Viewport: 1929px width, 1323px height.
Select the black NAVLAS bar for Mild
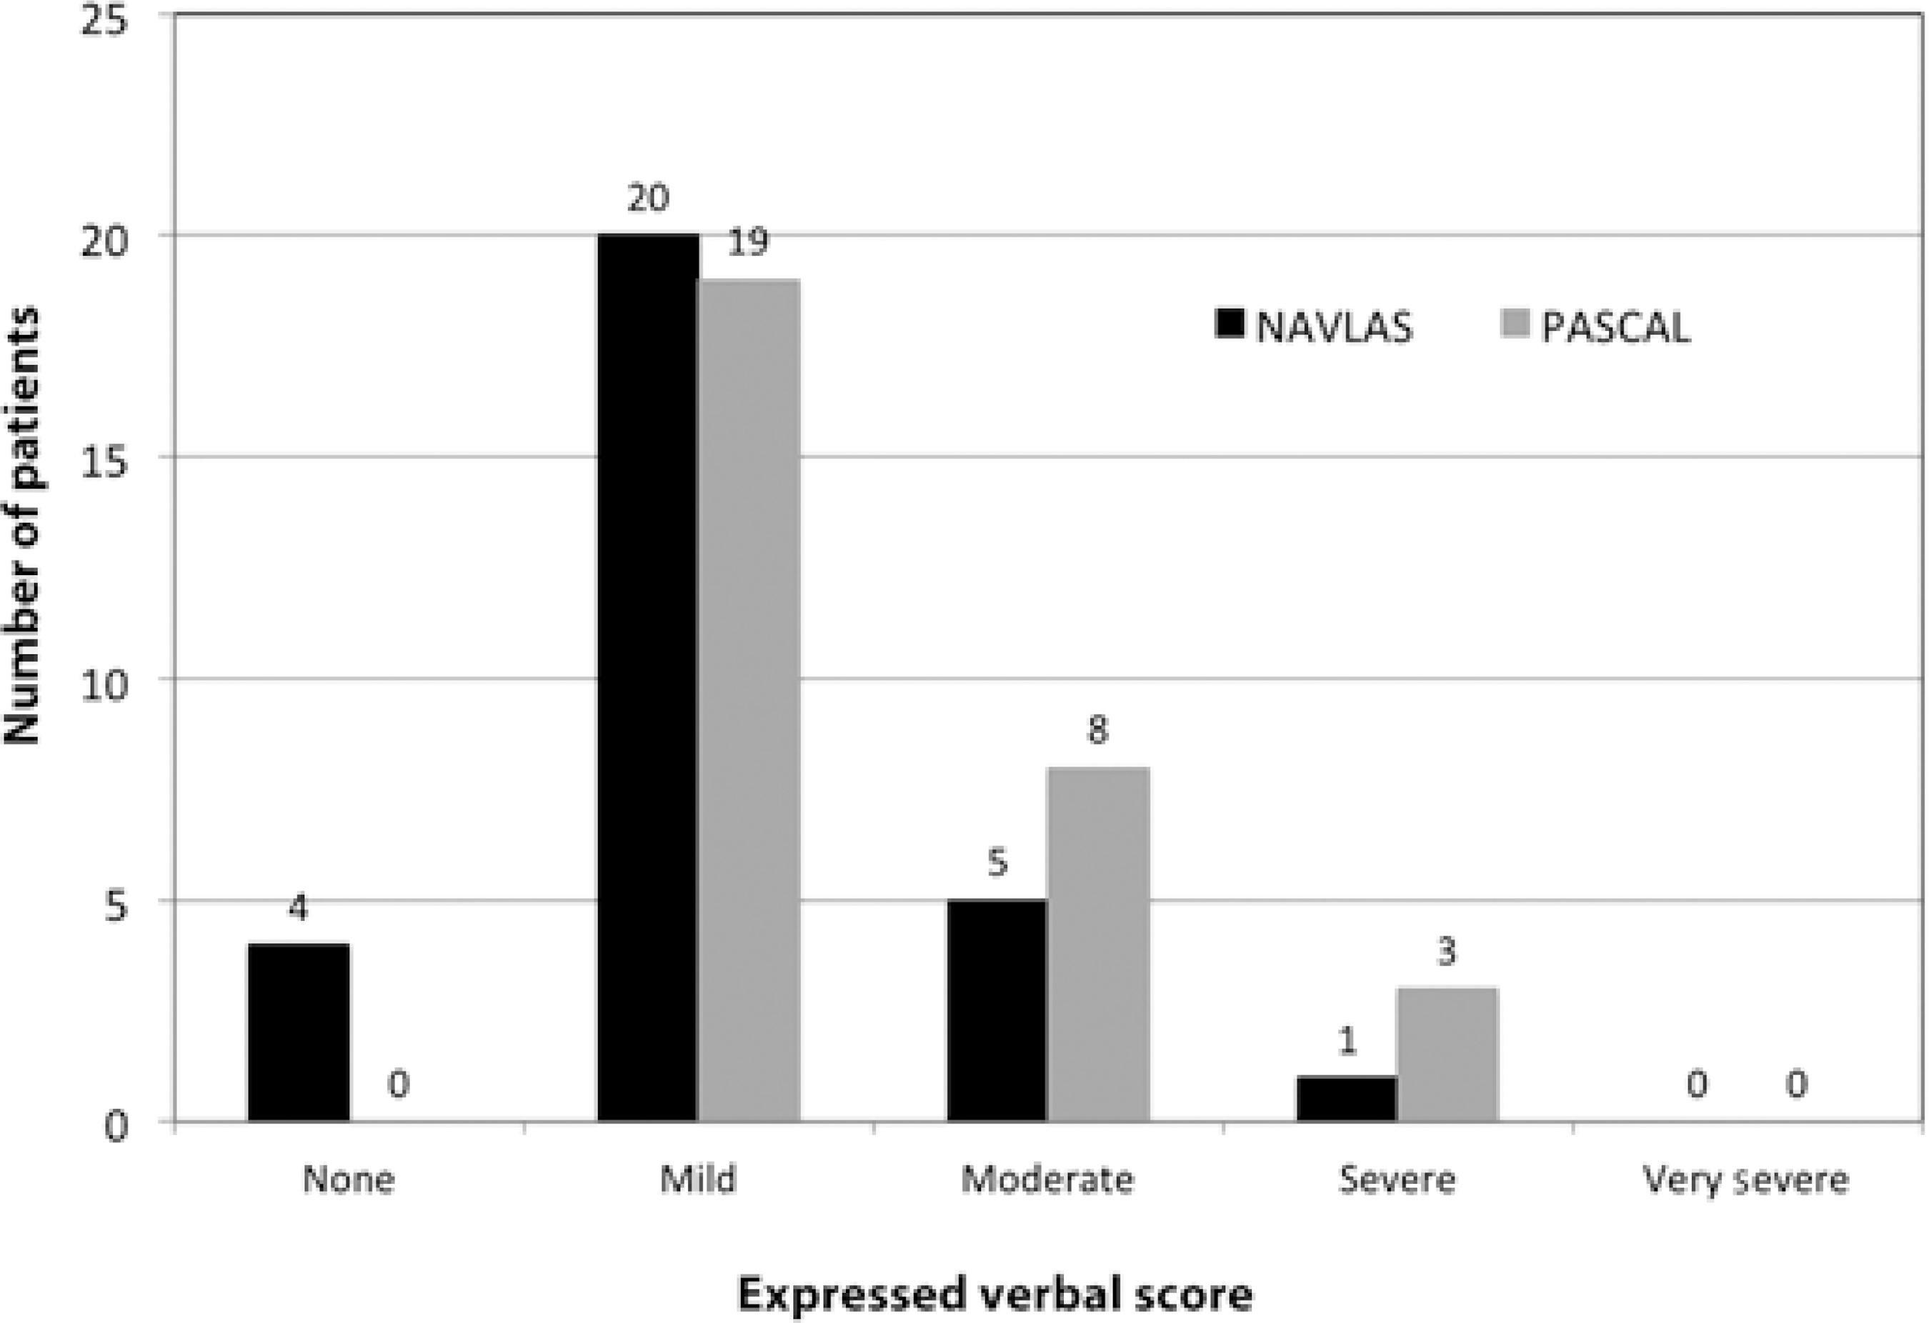coord(647,677)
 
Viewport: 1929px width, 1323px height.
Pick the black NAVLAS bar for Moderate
coord(997,1010)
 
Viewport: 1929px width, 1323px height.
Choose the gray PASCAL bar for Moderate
coord(1098,944)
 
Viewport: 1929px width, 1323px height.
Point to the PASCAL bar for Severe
coord(1447,1054)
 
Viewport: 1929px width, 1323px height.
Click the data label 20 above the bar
coord(647,199)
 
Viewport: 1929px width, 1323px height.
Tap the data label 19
coord(748,242)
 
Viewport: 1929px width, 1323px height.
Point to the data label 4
coord(298,909)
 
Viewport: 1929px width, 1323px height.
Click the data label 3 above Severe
coord(1447,953)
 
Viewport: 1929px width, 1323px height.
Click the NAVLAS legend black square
coord(1230,324)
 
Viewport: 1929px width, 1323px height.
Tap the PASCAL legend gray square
coord(1515,324)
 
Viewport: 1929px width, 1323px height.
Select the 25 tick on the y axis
coord(106,19)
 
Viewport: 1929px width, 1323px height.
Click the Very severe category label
coord(1746,1179)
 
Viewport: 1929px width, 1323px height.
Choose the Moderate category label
coord(1047,1179)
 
